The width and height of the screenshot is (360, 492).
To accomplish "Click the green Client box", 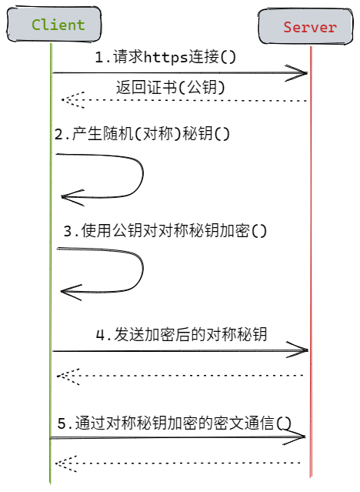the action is (x=54, y=24).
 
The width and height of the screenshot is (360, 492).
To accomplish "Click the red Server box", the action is (x=305, y=27).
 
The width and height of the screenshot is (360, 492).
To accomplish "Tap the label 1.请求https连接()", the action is (x=165, y=57).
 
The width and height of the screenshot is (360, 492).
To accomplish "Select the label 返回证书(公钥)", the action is (x=171, y=87).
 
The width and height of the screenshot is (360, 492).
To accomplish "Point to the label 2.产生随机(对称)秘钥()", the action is (x=142, y=134).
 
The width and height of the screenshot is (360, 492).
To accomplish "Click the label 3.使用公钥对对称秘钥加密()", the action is (x=165, y=231).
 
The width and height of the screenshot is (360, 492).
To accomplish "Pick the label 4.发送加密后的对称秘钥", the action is (x=182, y=334).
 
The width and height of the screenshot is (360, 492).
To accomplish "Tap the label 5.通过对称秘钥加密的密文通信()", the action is (x=175, y=423).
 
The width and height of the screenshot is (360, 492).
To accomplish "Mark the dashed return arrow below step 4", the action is (x=180, y=376).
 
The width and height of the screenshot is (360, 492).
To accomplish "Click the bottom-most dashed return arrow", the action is (x=178, y=463).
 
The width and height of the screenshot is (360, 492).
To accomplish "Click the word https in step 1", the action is (x=165, y=58).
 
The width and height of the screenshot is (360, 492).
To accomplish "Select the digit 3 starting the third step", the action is (x=68, y=231).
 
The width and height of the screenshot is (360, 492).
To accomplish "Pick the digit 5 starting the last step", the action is (x=62, y=423).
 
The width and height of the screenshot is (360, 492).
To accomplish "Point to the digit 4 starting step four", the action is (x=100, y=335).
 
